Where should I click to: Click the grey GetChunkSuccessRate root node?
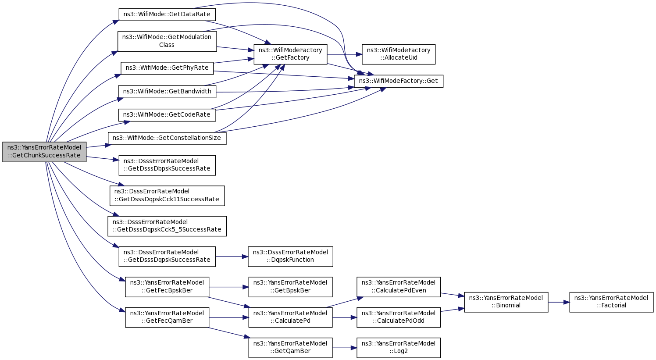(x=44, y=152)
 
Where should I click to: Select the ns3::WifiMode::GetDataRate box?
(x=167, y=14)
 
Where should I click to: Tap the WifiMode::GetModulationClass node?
(x=167, y=41)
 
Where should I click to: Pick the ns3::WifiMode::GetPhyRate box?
(x=167, y=68)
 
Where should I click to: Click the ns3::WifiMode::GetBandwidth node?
(x=167, y=92)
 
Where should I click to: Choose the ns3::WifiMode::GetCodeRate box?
(x=167, y=115)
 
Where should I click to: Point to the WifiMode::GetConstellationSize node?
(x=167, y=138)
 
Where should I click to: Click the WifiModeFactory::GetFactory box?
(x=290, y=54)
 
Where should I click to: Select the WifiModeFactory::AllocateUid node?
(x=399, y=54)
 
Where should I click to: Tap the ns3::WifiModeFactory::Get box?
(x=399, y=81)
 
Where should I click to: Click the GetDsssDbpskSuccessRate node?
(x=167, y=165)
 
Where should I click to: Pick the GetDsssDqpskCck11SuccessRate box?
(x=167, y=196)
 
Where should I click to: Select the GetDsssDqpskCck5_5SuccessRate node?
(x=167, y=226)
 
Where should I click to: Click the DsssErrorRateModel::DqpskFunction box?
(x=290, y=257)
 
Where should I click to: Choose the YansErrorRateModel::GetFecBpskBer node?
(x=167, y=287)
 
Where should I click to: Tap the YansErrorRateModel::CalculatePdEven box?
(x=399, y=287)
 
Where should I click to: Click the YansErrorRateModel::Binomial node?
(x=506, y=302)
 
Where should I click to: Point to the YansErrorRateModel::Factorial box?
(x=611, y=302)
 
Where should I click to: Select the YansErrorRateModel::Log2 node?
(x=399, y=348)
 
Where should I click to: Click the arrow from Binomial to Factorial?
(x=559, y=302)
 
